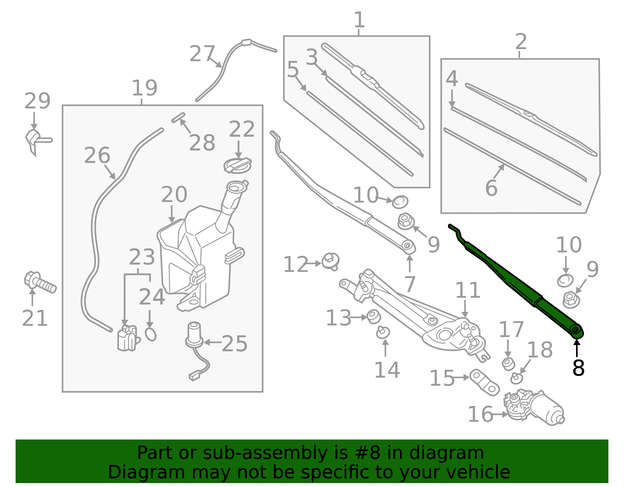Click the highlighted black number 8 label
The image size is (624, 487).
tap(578, 368)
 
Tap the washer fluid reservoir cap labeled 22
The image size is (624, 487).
tap(237, 165)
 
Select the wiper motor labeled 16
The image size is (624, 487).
tap(534, 407)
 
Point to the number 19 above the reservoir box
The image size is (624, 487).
tap(144, 88)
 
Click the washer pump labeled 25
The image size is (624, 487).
tap(194, 335)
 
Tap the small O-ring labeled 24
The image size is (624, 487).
tap(151, 334)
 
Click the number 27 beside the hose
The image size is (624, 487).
tap(202, 54)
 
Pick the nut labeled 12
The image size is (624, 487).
tap(331, 260)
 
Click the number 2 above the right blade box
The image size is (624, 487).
tap(521, 41)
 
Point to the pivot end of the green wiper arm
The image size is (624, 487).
tap(576, 331)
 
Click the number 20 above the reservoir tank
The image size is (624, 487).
tap(174, 194)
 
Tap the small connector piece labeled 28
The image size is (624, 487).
tap(178, 117)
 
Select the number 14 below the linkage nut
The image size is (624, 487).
tap(387, 370)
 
